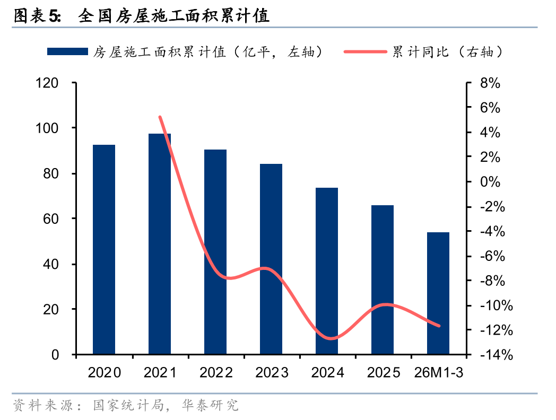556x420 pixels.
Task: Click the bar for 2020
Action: click(104, 249)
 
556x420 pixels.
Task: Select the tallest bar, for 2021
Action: click(160, 244)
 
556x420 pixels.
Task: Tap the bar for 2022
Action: click(215, 252)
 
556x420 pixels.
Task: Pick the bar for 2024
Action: click(327, 271)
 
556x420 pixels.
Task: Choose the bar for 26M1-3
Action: click(438, 293)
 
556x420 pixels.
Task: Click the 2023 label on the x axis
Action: click(272, 373)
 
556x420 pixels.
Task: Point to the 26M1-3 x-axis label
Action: click(439, 373)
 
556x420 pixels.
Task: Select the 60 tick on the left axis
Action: click(51, 219)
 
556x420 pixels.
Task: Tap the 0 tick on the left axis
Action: click(55, 355)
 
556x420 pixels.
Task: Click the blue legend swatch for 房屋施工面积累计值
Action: click(67, 51)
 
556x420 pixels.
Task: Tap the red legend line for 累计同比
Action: click(366, 51)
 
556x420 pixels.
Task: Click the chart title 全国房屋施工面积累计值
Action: click(173, 16)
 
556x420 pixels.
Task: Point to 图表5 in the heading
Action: click(36, 16)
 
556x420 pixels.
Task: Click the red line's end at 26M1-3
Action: click(439, 326)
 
